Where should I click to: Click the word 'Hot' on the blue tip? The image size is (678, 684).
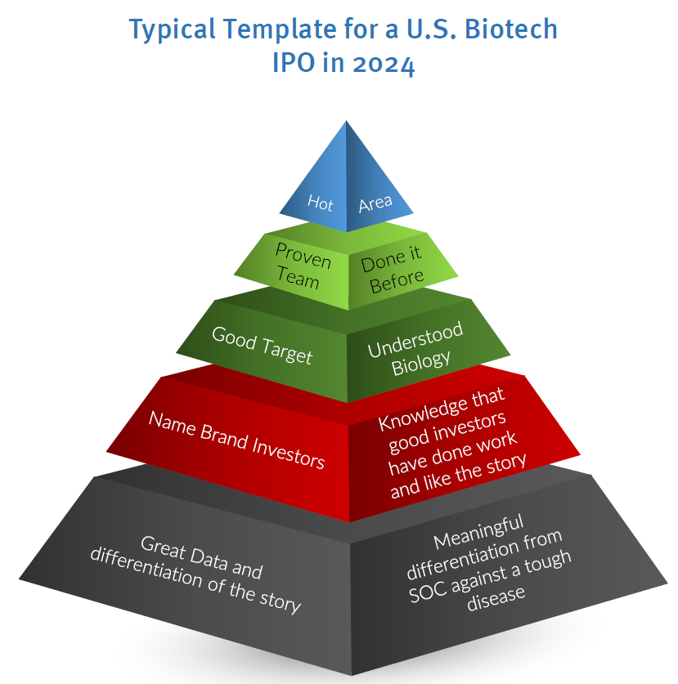point(320,203)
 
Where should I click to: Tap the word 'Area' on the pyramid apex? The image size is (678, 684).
point(375,203)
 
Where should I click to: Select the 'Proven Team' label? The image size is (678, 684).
point(302,266)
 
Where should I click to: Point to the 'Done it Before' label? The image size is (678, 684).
point(392,269)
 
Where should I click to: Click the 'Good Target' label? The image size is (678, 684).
point(262,345)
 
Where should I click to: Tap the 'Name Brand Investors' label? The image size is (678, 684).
point(236,440)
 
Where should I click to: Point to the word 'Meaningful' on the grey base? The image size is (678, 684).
point(478,532)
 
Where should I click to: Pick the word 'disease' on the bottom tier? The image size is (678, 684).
point(496,598)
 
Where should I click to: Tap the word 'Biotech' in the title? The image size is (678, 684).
point(511,29)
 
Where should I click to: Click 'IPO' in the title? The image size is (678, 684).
point(294,62)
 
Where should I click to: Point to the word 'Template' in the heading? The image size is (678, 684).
point(280,30)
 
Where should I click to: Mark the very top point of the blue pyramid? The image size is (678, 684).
point(346,121)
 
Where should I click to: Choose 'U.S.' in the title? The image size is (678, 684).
point(431,29)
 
